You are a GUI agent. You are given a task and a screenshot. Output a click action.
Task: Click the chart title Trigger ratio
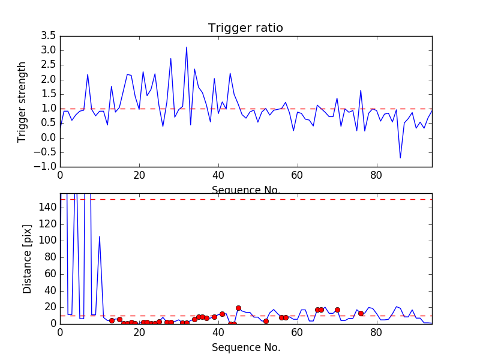click(x=245, y=28)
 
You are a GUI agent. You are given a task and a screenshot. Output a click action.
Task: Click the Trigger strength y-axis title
click(x=22, y=101)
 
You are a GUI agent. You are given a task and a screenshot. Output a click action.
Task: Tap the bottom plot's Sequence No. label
click(x=245, y=347)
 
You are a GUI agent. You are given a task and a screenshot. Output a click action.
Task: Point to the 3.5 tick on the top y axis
click(x=48, y=35)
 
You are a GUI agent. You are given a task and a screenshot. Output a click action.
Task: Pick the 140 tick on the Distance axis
click(x=48, y=208)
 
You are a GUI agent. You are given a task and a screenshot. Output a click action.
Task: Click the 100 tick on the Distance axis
click(x=48, y=241)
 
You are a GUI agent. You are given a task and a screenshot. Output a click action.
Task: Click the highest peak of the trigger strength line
click(x=187, y=47)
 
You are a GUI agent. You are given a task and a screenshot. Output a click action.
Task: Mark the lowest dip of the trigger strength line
click(x=400, y=158)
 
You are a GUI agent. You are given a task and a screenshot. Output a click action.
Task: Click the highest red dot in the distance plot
click(x=238, y=308)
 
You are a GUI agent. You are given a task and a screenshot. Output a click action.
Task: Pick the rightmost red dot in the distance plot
click(x=361, y=313)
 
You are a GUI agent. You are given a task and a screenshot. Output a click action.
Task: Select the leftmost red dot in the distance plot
click(x=112, y=320)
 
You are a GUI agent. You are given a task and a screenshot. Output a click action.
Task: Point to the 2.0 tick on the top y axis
click(x=48, y=79)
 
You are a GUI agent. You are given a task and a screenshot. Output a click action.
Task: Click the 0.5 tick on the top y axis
click(x=48, y=123)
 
